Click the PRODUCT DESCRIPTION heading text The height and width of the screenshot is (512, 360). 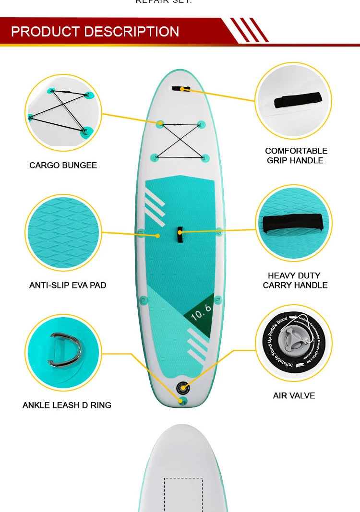(x=95, y=32)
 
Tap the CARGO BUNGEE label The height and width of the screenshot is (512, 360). (x=63, y=165)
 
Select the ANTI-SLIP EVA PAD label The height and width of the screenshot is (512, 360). (x=68, y=285)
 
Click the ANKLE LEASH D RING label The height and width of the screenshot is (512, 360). (x=67, y=405)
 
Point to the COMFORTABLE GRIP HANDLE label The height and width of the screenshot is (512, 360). (x=296, y=155)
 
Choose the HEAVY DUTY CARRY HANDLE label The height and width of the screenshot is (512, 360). (x=295, y=280)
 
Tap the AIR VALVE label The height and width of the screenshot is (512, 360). (x=294, y=395)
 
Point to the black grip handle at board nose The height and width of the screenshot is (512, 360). (x=181, y=88)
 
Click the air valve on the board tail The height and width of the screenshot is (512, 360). (x=182, y=387)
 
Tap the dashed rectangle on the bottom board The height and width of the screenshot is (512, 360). (x=183, y=494)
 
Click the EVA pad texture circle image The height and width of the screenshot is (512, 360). (x=63, y=233)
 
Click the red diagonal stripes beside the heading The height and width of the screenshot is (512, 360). (x=249, y=30)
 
